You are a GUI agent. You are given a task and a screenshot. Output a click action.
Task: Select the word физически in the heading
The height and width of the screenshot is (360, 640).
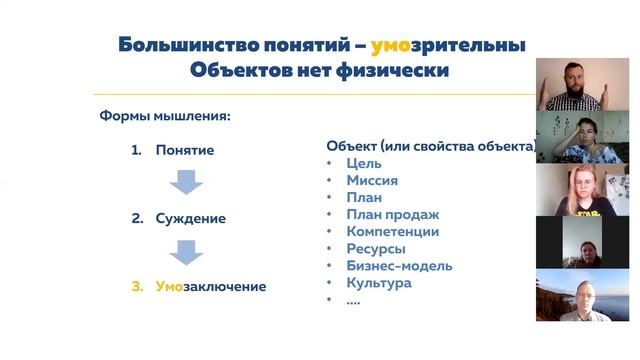(388, 71)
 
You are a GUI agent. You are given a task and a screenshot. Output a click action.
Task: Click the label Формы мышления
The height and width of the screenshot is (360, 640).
(165, 115)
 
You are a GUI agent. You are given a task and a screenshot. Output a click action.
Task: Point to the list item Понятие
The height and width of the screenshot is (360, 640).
(185, 151)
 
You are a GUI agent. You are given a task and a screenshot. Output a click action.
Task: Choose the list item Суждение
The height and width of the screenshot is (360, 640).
(190, 218)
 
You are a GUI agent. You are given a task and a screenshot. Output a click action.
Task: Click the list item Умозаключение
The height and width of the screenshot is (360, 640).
(211, 287)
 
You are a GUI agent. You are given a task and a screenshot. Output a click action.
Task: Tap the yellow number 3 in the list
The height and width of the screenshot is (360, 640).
(137, 287)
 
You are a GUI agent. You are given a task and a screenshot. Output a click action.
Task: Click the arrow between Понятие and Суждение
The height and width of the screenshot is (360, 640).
(185, 182)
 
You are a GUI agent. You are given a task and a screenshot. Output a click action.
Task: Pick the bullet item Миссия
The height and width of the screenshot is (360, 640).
(372, 180)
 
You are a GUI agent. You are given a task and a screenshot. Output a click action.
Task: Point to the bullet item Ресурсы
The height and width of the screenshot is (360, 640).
(375, 248)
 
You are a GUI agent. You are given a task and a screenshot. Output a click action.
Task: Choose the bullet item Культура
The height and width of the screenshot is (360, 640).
(378, 283)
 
